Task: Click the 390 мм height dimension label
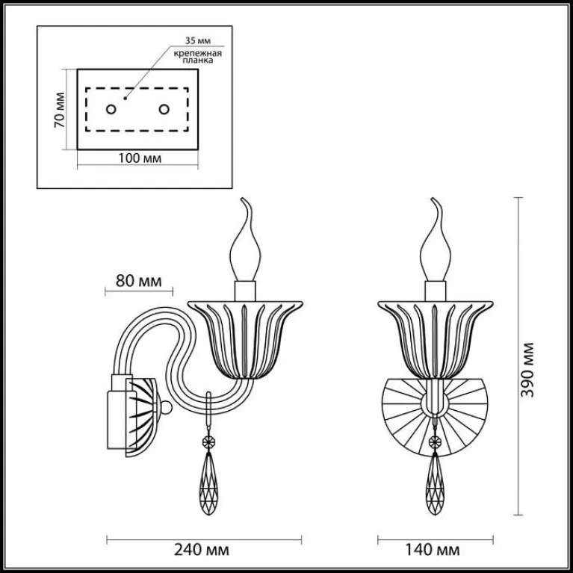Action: tap(527, 370)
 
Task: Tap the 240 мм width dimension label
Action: tap(202, 550)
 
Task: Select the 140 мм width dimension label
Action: tap(433, 550)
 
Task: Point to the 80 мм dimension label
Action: tap(138, 281)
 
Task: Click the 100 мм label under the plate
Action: tap(140, 158)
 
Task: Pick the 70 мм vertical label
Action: tap(59, 110)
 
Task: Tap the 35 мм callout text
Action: tap(198, 40)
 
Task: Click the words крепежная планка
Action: tap(198, 57)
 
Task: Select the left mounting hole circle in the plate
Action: tap(111, 109)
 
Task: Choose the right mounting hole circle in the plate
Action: tap(164, 109)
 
